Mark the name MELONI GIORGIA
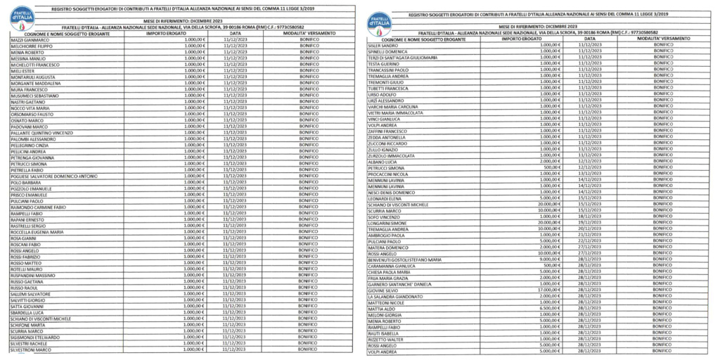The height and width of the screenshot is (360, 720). tap(386, 314)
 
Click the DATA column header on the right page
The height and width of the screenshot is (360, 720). tap(591, 39)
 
